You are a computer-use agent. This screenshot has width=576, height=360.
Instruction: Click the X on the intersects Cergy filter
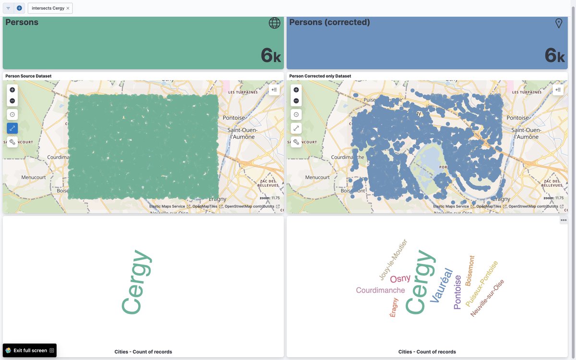click(x=68, y=8)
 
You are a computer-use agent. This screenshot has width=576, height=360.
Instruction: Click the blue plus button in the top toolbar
click(x=19, y=8)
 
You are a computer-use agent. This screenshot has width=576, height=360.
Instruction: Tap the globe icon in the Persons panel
click(x=275, y=23)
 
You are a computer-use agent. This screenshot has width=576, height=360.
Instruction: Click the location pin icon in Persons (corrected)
click(x=558, y=23)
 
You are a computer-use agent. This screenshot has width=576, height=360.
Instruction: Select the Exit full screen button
click(x=30, y=350)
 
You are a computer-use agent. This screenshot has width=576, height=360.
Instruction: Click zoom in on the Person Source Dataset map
click(x=12, y=90)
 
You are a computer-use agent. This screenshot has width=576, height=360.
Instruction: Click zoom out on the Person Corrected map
click(x=296, y=101)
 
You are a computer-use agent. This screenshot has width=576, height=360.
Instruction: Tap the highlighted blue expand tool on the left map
click(x=12, y=128)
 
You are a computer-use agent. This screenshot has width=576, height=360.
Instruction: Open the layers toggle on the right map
click(x=558, y=90)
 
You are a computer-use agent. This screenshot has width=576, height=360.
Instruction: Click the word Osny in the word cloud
click(x=400, y=279)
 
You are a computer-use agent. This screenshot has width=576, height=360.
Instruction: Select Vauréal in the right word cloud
click(x=441, y=285)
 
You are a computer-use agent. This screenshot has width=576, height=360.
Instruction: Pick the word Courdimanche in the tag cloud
click(x=380, y=290)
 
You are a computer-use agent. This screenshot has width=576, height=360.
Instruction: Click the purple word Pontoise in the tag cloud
click(x=457, y=292)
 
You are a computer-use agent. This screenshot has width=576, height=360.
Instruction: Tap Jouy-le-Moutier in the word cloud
click(x=393, y=260)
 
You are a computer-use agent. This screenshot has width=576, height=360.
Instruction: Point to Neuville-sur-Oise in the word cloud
click(x=487, y=298)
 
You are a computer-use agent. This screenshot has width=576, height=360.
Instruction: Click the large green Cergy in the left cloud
click(x=136, y=282)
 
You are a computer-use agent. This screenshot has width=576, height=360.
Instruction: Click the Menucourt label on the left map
click(x=34, y=177)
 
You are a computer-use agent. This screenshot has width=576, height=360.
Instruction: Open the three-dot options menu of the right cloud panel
click(x=564, y=220)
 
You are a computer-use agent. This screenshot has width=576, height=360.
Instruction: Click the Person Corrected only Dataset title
click(x=320, y=76)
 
